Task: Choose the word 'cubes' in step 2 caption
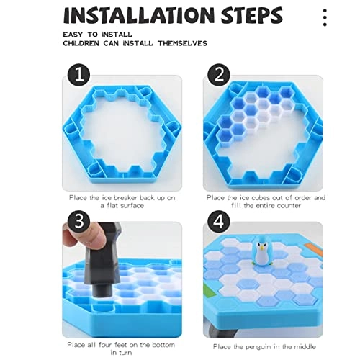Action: pos(255,197)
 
